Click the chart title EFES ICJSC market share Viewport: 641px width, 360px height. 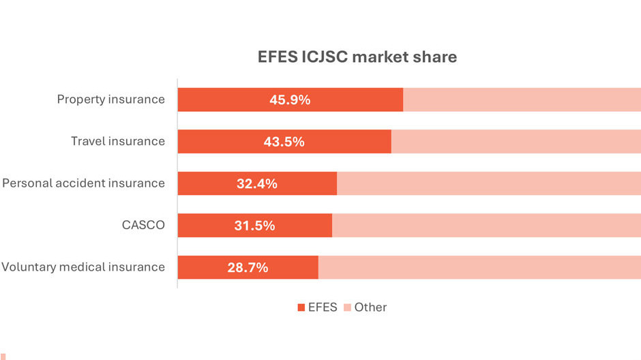(x=353, y=57)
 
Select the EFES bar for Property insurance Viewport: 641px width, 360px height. (x=225, y=100)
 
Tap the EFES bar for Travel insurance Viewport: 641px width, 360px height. (x=218, y=142)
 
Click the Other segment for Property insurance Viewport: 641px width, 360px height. (x=522, y=100)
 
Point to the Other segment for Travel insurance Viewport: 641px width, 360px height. (x=516, y=142)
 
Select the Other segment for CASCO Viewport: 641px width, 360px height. (x=486, y=226)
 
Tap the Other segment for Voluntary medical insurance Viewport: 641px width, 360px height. (x=479, y=267)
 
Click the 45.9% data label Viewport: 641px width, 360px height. (x=290, y=100)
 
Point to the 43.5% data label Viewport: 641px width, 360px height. (x=284, y=142)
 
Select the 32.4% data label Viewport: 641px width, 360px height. (x=257, y=183)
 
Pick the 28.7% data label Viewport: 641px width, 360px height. (x=248, y=267)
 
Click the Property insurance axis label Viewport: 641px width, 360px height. (x=110, y=100)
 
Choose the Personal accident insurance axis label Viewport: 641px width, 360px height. (x=83, y=183)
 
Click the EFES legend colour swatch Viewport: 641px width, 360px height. (x=301, y=307)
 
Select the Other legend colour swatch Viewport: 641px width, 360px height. (x=347, y=307)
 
